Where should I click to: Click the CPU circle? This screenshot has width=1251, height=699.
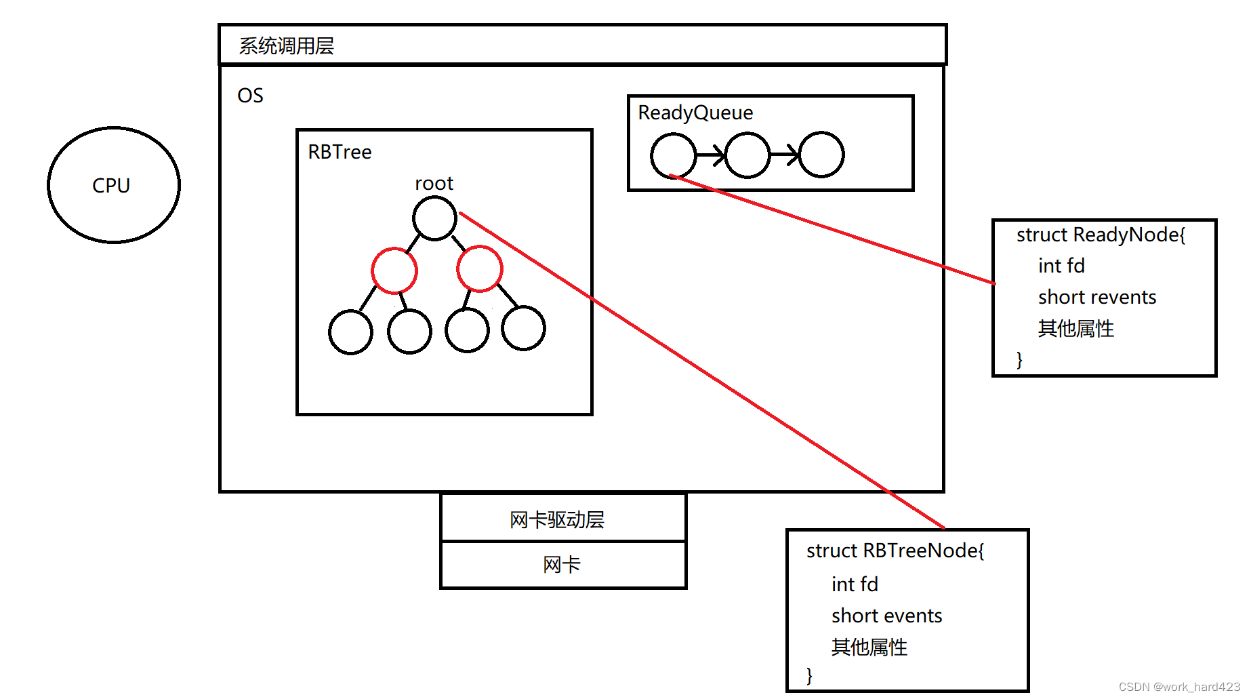pos(113,184)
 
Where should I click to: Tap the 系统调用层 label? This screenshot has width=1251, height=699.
pos(286,46)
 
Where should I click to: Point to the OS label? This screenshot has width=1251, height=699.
pos(250,96)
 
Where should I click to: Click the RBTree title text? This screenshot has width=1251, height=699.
pos(340,152)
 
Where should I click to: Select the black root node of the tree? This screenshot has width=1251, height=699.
pos(434,218)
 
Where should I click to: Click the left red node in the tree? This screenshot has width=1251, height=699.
pos(394,271)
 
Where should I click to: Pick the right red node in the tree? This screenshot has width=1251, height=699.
pos(480,268)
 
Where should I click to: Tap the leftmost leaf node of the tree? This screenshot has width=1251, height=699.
pos(350,332)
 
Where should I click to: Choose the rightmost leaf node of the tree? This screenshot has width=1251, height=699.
pos(523,328)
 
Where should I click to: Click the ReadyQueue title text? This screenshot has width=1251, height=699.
pos(695,113)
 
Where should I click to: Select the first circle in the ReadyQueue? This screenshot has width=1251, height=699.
pos(673,155)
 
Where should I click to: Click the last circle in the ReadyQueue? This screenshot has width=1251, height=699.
pos(821,155)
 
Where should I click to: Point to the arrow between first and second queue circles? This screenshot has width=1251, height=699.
pos(710,155)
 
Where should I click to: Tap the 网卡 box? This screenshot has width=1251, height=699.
pos(563,565)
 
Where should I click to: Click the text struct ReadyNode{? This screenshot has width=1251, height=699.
pos(1101,235)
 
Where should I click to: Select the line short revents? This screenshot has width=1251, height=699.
pos(1096,297)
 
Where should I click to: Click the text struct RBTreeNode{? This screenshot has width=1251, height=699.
pos(895,551)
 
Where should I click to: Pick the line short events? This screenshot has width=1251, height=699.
pos(886,616)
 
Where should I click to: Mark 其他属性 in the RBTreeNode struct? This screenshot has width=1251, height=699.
pos(869,647)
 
